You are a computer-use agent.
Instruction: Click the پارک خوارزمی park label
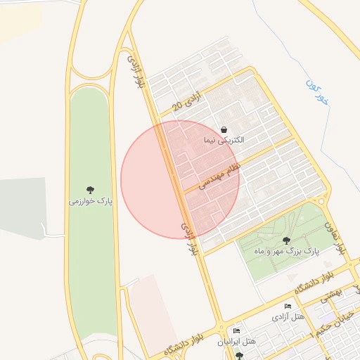point(91,202)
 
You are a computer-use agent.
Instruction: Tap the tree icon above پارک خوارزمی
point(91,190)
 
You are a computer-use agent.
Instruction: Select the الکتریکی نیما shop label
point(224,141)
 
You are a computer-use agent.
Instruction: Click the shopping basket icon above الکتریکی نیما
point(224,129)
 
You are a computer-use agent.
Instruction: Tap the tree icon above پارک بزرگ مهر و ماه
point(285,240)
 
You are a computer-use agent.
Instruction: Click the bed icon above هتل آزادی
point(288,307)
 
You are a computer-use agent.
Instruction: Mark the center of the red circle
point(180,179)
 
